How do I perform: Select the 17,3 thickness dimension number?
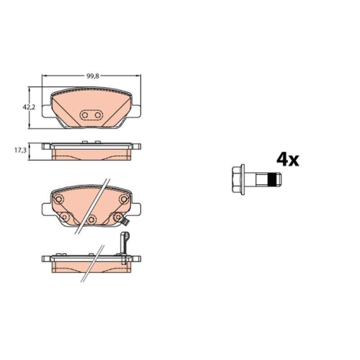21,150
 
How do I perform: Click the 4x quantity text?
287,159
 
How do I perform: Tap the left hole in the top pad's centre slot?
86,115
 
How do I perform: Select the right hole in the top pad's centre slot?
98,115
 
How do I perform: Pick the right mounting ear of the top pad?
136,110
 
